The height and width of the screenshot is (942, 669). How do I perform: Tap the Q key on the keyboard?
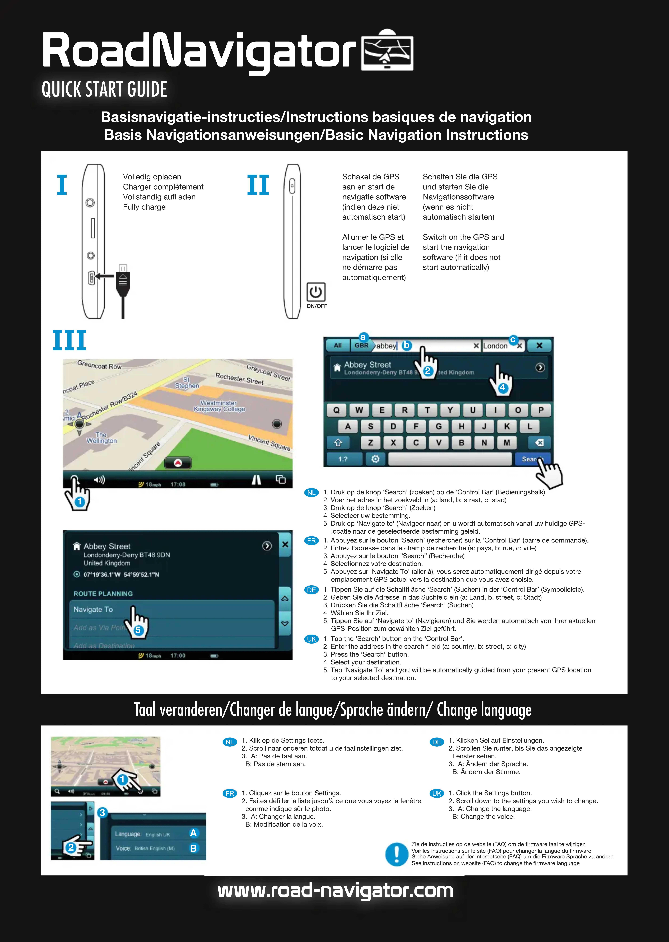[x=337, y=410]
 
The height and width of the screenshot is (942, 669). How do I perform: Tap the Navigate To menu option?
[x=93, y=609]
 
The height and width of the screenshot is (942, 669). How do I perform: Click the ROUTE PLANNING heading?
[x=103, y=594]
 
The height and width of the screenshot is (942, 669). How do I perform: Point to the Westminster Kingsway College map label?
[x=219, y=406]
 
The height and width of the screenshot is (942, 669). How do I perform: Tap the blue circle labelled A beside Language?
[x=193, y=833]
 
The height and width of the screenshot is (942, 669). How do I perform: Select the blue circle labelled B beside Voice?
[x=193, y=848]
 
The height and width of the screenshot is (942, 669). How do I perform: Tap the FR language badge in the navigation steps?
[x=311, y=540]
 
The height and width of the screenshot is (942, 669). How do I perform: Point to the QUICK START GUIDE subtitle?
[x=104, y=89]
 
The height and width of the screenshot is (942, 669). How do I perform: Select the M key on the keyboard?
[x=507, y=443]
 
